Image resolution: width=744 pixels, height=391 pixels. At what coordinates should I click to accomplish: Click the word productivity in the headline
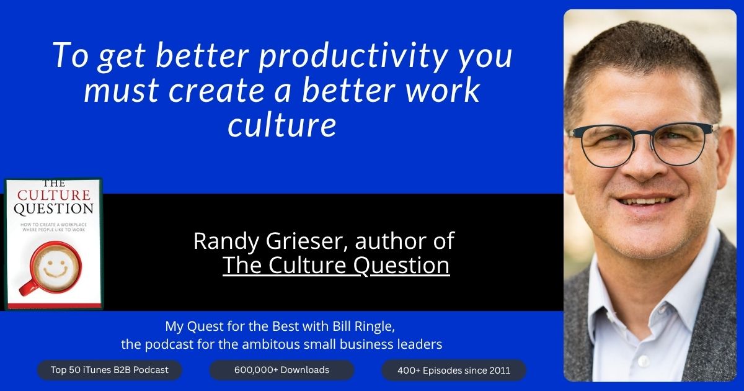click(x=352, y=56)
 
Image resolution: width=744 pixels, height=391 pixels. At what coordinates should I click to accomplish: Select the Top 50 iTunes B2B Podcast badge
click(x=110, y=370)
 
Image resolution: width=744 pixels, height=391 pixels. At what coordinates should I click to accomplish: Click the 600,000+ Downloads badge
click(x=281, y=370)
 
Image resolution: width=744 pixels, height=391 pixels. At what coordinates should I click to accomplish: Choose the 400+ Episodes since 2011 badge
click(x=454, y=371)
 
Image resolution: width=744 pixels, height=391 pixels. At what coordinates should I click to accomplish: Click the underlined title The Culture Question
click(x=336, y=266)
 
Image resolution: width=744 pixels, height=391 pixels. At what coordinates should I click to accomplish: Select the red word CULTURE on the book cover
click(x=54, y=195)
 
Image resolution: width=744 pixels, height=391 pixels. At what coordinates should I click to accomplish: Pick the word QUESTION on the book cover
click(x=54, y=209)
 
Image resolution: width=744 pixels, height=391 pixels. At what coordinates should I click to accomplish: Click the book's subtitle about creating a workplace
click(x=54, y=227)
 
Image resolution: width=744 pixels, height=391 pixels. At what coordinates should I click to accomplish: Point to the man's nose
click(x=643, y=166)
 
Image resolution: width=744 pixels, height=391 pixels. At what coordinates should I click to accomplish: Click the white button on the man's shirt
click(x=644, y=360)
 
